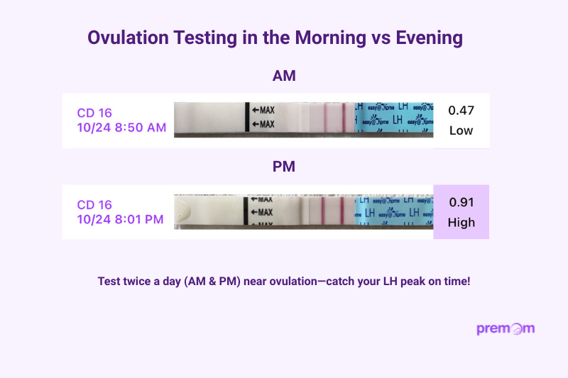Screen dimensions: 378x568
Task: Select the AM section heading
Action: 284,75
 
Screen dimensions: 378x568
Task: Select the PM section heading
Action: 284,167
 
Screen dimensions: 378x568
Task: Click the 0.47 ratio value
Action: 461,110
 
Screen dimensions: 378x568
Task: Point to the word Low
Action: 461,130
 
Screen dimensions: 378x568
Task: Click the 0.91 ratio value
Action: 461,201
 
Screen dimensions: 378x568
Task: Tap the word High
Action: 461,222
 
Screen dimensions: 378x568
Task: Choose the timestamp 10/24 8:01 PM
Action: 121,219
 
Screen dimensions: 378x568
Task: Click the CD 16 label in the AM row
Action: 94,112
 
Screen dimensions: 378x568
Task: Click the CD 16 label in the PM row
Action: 94,204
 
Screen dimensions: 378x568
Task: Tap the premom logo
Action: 506,328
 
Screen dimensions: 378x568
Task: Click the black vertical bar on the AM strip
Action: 247,117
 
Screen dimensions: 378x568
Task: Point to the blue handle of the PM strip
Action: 393,211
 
